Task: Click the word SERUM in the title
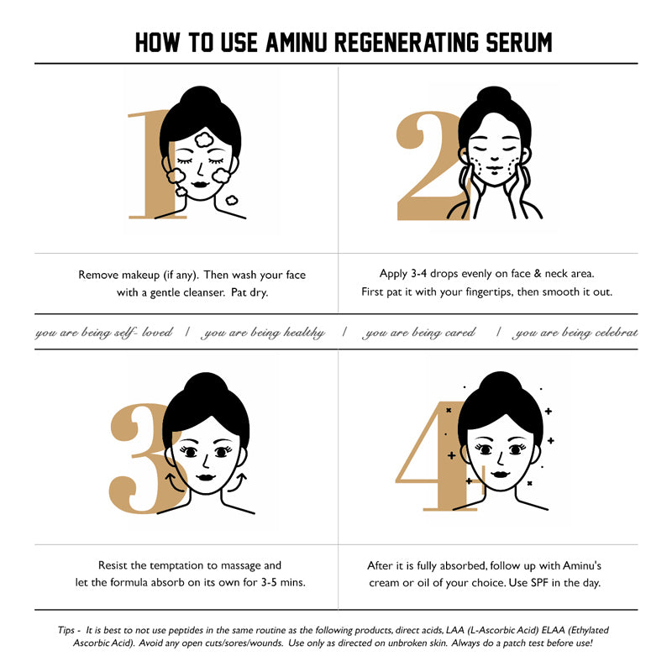(518, 43)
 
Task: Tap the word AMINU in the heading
(297, 43)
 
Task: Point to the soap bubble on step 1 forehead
(203, 139)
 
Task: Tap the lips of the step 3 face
(206, 477)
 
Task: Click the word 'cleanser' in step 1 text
(203, 292)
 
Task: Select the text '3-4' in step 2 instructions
(418, 274)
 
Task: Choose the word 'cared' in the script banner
(460, 333)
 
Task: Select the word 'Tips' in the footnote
(66, 630)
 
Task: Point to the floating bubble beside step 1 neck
(232, 200)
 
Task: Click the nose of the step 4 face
(500, 459)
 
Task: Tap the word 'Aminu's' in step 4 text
(581, 565)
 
